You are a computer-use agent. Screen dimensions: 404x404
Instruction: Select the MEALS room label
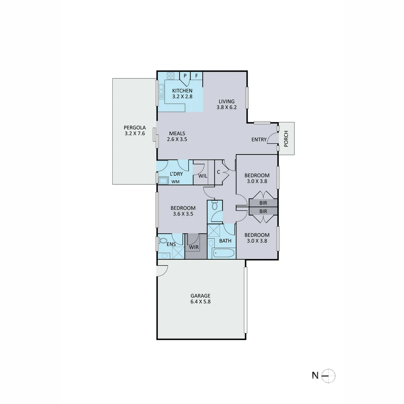tap(177, 136)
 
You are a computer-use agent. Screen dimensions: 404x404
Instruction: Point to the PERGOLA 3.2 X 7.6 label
tap(135, 130)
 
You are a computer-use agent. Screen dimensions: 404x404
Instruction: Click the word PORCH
tap(286, 138)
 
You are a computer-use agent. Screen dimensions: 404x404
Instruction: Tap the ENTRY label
tap(259, 140)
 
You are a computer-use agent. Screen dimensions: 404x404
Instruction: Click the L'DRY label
tap(176, 174)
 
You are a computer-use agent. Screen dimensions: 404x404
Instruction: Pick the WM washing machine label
tap(175, 182)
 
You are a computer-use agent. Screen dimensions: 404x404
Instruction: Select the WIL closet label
tap(203, 175)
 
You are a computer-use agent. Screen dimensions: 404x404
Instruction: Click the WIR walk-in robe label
tap(194, 247)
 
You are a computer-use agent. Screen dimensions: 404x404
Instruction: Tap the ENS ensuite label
tap(171, 244)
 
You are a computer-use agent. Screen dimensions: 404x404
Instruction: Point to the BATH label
tap(225, 241)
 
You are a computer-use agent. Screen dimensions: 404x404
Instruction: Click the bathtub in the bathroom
tap(223, 253)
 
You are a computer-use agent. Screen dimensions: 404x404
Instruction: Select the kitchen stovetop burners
tap(171, 76)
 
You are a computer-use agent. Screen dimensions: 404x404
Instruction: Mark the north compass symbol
tap(328, 375)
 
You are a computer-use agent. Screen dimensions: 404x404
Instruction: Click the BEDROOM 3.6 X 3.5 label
tap(183, 211)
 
